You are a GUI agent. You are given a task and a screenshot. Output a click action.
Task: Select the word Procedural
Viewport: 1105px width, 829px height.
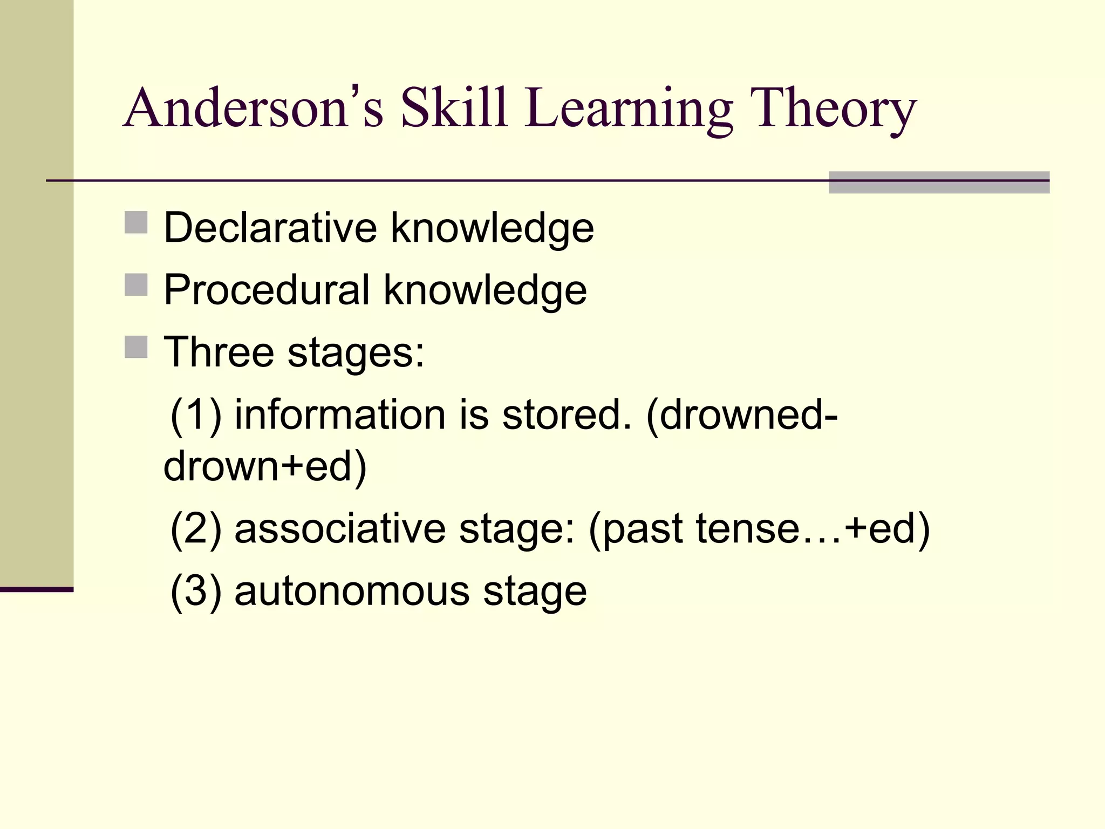267,290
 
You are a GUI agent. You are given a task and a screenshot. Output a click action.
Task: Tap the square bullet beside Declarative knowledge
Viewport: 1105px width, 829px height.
136,222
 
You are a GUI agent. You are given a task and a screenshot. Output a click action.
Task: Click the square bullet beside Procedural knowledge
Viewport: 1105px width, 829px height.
136,284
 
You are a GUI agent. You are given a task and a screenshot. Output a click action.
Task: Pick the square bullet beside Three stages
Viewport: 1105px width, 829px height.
136,347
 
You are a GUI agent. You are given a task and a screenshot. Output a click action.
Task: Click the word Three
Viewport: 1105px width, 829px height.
219,352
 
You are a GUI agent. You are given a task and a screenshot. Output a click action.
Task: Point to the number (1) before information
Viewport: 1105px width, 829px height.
195,415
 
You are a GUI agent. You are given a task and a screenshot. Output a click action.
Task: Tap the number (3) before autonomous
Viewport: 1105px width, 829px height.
195,591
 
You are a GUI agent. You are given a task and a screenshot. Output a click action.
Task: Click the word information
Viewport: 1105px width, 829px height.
340,415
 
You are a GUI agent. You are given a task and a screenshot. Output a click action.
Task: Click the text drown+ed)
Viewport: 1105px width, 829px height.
265,466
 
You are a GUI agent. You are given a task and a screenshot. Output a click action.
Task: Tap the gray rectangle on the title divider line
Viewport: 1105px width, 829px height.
939,182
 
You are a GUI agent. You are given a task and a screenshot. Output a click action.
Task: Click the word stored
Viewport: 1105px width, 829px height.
567,415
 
